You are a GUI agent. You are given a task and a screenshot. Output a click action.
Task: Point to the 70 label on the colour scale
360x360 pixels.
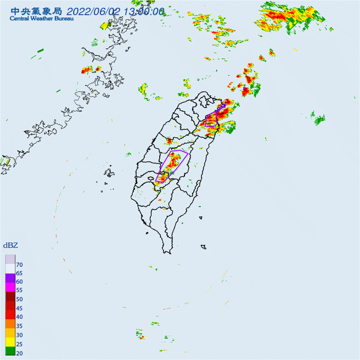click(20, 265)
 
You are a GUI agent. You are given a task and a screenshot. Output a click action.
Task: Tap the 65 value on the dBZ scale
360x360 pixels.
click(20, 273)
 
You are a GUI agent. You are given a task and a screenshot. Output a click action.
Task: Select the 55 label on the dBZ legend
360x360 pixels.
click(20, 290)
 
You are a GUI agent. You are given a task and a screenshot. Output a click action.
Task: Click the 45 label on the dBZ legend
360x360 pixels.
click(20, 308)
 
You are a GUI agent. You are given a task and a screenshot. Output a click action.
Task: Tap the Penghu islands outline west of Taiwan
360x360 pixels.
click(108, 176)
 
